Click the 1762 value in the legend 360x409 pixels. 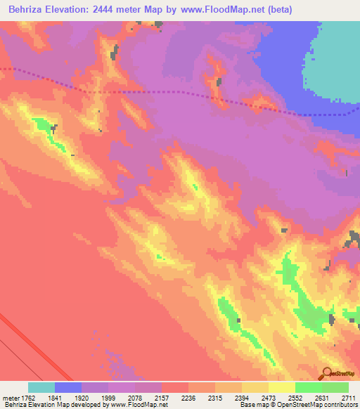28,397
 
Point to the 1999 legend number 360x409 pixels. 108,397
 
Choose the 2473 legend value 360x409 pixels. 269,397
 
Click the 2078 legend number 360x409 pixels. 135,397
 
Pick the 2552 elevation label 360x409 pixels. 295,397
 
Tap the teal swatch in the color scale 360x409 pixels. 41,387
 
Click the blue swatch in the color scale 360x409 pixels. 68,387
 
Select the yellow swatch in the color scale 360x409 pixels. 282,387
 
